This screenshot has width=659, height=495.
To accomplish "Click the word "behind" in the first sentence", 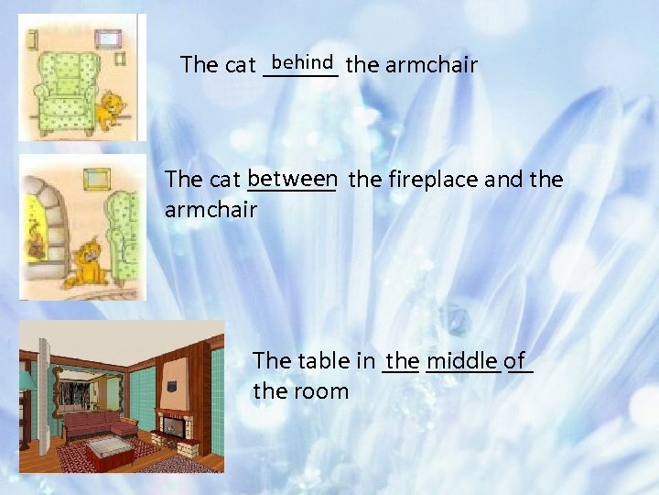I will [x=301, y=62].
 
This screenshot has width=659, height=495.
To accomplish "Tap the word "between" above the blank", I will [x=292, y=177].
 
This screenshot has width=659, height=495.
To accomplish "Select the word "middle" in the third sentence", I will [x=462, y=360].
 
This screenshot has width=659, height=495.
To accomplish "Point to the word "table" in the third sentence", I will [x=332, y=360].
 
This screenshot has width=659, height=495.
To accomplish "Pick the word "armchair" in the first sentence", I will [x=432, y=65].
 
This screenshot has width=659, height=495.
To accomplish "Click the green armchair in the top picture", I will [x=66, y=92].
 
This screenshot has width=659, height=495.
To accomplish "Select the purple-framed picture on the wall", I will [x=109, y=38].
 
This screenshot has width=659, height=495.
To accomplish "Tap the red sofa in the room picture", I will [x=96, y=423].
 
